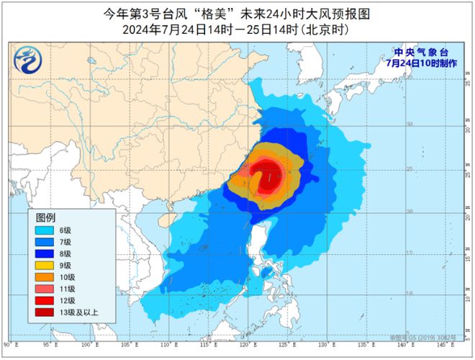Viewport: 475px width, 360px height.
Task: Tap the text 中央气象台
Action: (420, 52)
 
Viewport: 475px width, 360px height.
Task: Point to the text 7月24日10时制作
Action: (420, 63)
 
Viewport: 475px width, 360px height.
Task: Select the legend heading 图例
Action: (46, 217)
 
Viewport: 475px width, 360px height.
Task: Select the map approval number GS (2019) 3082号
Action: (430, 336)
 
